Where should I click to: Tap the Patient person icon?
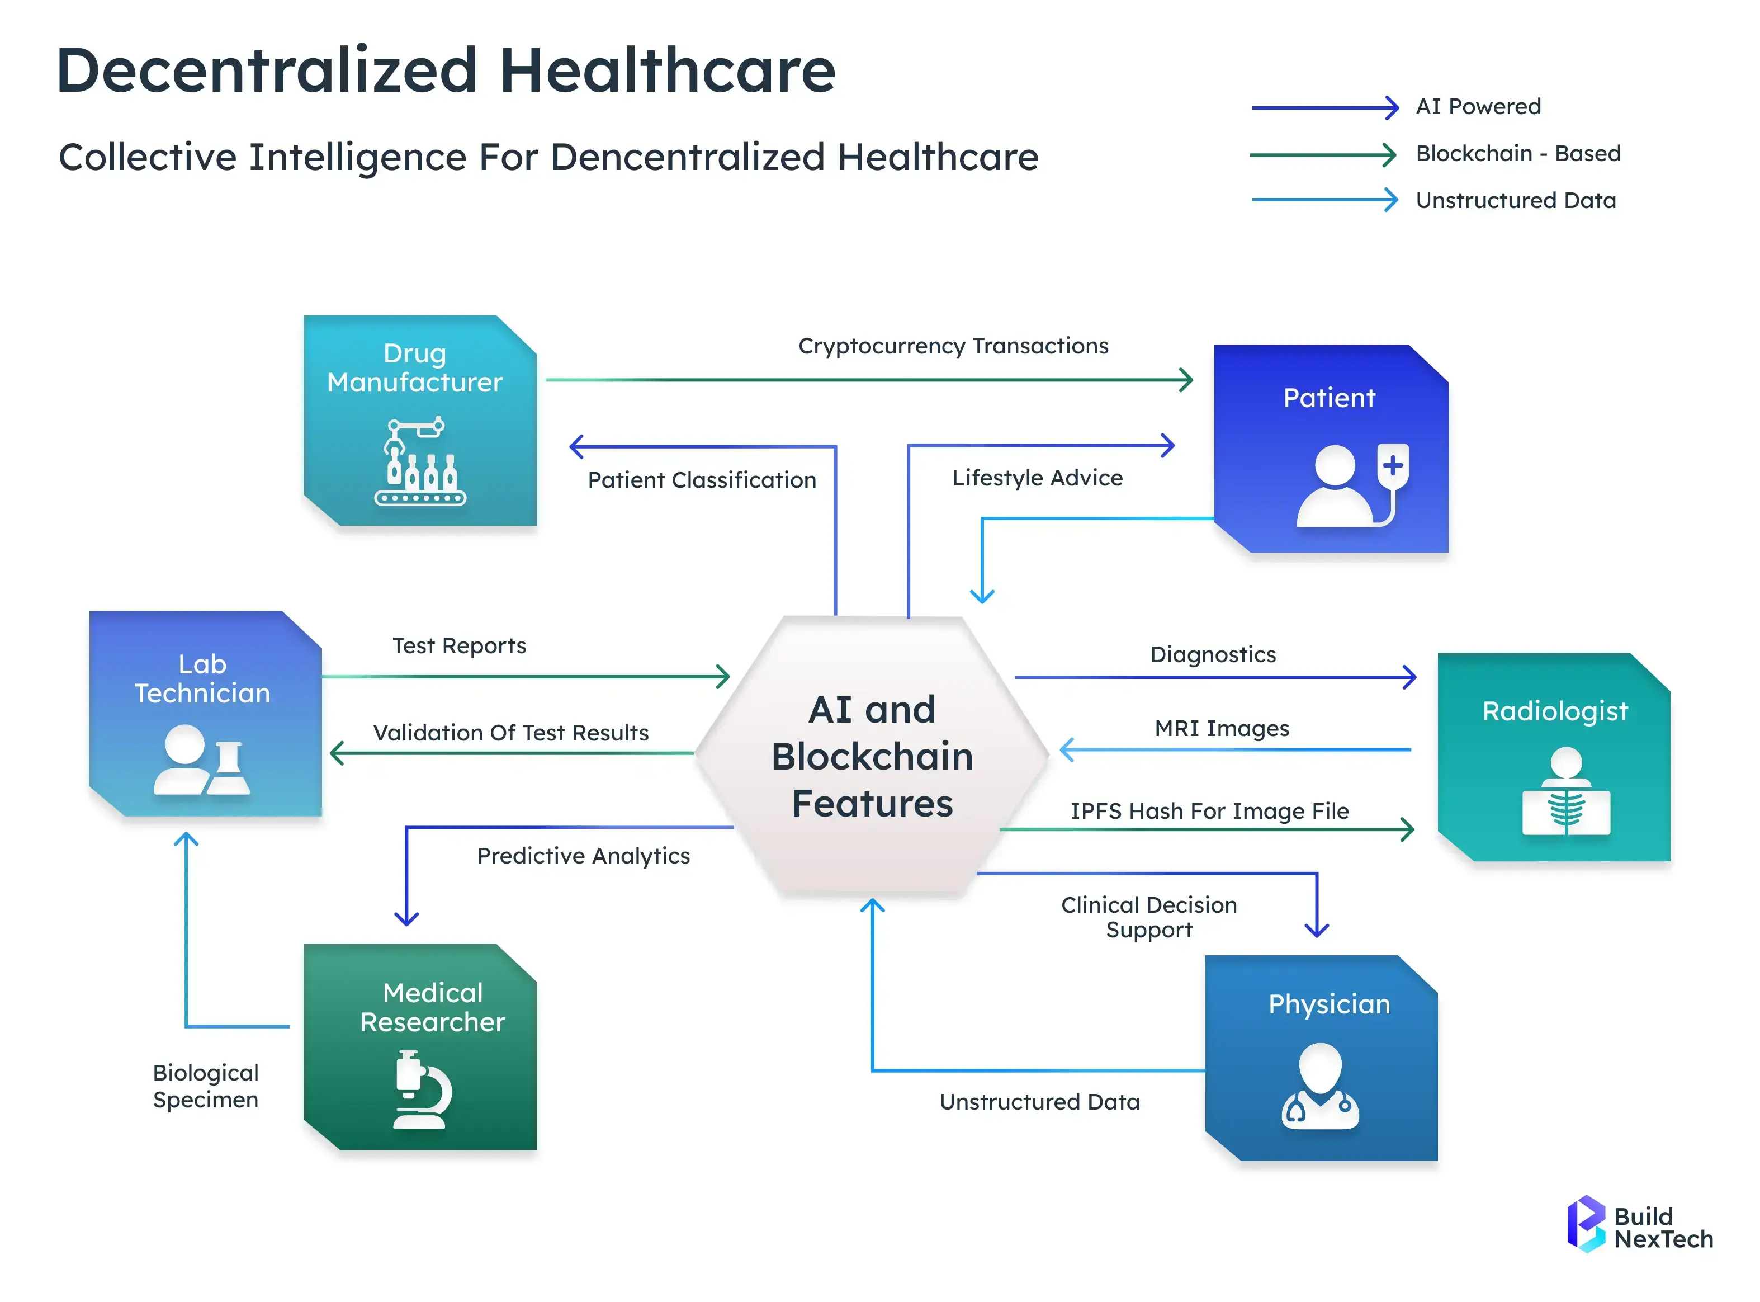1352,485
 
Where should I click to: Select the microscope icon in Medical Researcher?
422,1090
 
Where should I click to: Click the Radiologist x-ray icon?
1565,792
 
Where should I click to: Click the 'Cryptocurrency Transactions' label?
953,346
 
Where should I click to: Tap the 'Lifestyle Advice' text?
1037,478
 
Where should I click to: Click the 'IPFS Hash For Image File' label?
1209,811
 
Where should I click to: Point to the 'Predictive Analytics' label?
583,856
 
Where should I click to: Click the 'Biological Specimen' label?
206,1086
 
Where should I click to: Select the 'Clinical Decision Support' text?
1149,917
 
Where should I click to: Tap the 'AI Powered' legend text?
1478,106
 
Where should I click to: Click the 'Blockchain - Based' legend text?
1517,154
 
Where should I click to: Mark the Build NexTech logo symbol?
1585,1224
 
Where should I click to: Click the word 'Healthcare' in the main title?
668,71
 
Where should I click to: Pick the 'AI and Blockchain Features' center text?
872,757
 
